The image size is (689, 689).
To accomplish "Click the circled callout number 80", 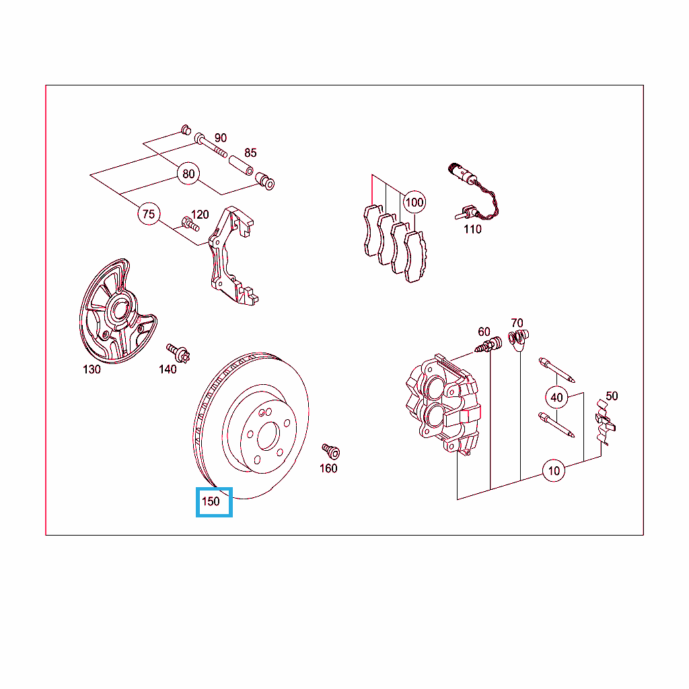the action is click(188, 174).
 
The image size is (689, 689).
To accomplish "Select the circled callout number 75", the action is click(149, 214).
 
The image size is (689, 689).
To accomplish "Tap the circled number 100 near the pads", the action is click(414, 202).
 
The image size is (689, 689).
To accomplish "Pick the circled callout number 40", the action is click(556, 397).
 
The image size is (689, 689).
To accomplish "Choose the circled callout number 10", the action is click(554, 470).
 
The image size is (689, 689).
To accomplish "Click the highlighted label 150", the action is click(211, 501).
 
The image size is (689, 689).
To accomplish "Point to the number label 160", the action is click(328, 468).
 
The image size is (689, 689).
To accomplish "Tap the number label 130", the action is click(92, 369).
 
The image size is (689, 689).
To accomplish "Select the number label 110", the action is click(472, 229).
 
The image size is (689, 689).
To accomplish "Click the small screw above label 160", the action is click(331, 451).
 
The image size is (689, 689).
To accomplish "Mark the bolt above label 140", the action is click(178, 353).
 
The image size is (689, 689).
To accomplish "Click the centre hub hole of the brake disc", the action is click(268, 436).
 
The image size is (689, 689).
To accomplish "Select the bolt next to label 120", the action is click(190, 223).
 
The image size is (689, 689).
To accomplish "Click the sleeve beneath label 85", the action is click(242, 165).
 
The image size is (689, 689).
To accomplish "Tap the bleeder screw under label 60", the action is click(488, 345).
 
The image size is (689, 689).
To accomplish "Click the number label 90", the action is click(221, 137).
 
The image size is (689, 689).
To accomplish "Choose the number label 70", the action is click(517, 323).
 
